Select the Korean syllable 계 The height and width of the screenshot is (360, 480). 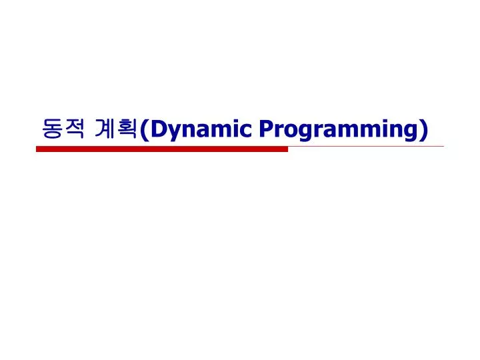pos(107,129)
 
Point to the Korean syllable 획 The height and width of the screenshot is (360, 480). pos(130,129)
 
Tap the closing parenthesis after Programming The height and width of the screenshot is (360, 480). pos(424,129)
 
